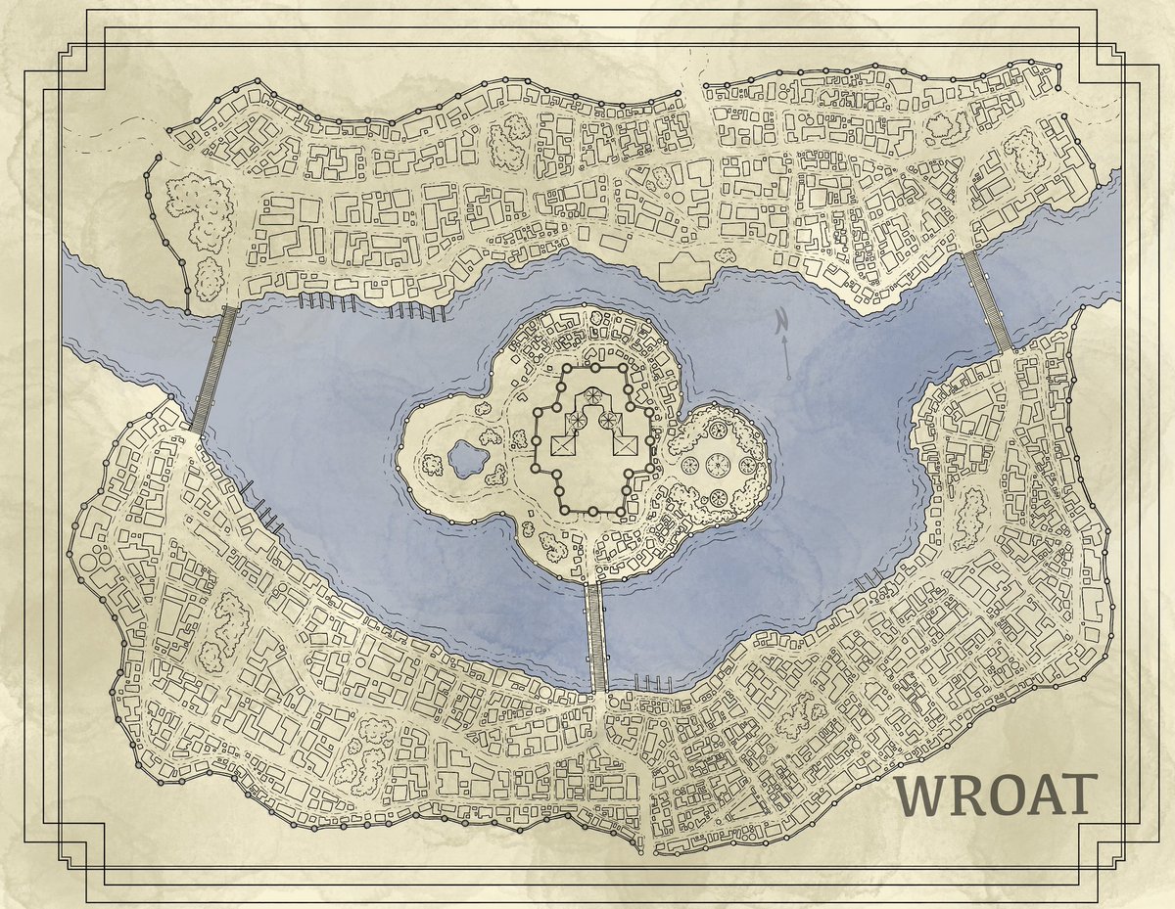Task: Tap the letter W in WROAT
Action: point(923,796)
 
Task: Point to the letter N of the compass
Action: point(781,320)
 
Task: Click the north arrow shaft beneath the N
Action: point(787,357)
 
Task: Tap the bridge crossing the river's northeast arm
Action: point(987,300)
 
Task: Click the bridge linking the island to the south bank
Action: point(595,637)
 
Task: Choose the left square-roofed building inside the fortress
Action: point(561,446)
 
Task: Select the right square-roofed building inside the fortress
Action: point(625,446)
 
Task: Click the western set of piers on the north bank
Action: point(322,302)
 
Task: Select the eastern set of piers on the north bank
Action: point(419,312)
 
